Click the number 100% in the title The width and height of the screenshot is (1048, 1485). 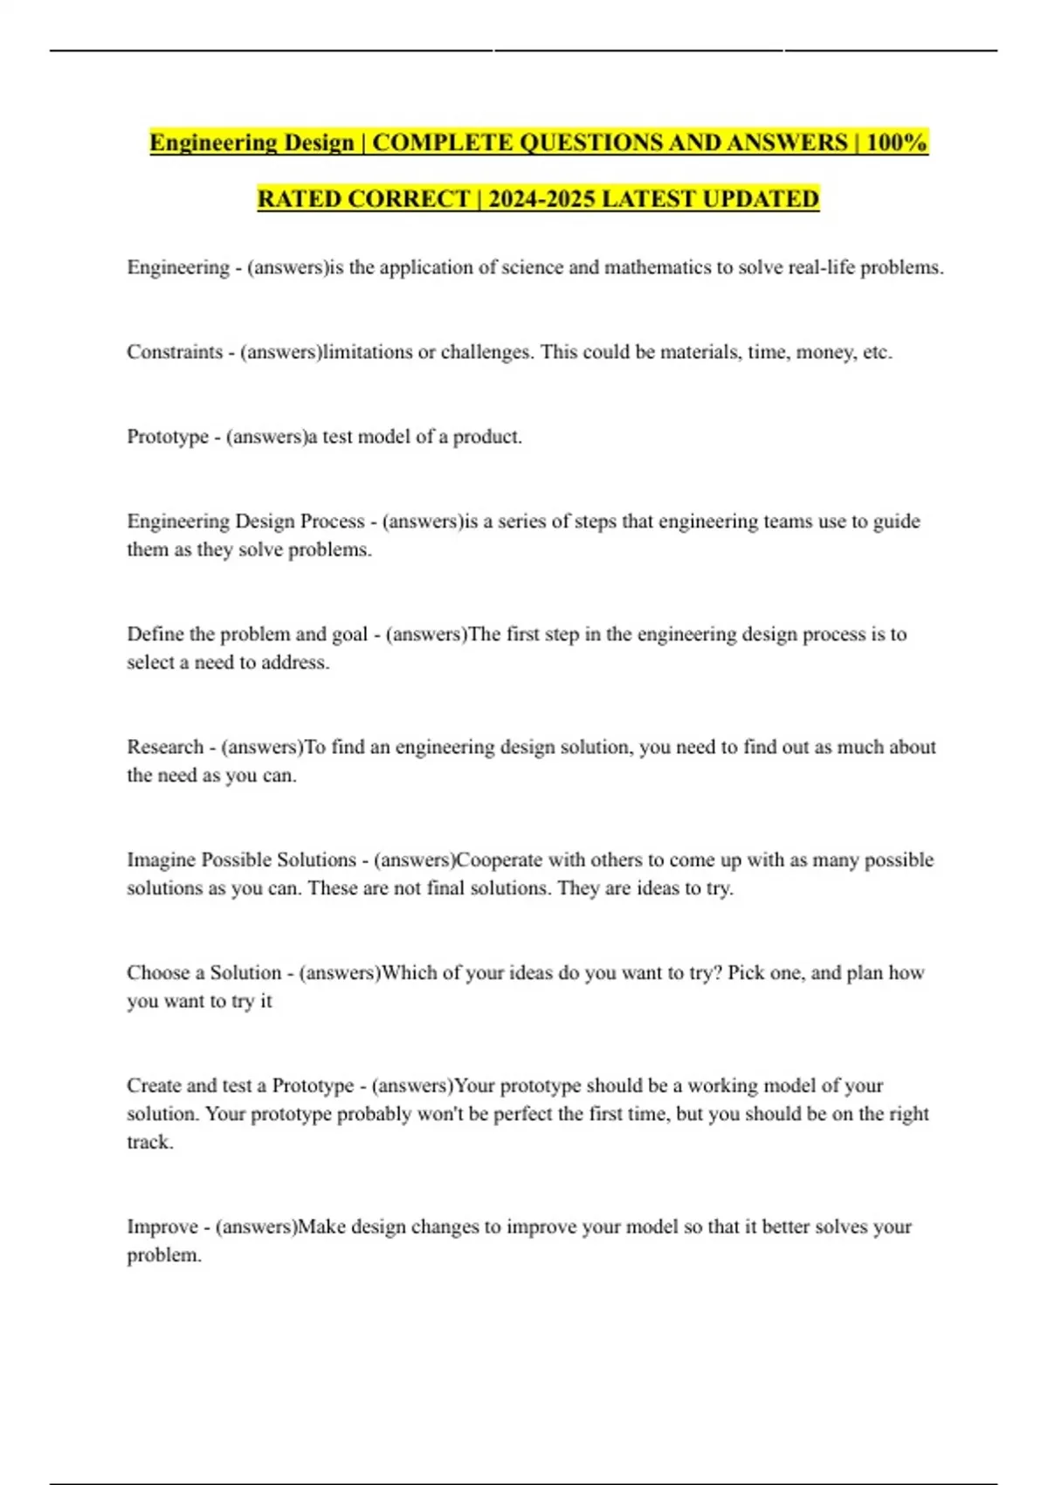pyautogui.click(x=896, y=142)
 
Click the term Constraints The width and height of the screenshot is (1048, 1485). pyautogui.click(x=175, y=352)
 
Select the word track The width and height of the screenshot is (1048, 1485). pyautogui.click(x=149, y=1142)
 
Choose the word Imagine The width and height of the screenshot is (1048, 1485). pyautogui.click(x=161, y=860)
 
